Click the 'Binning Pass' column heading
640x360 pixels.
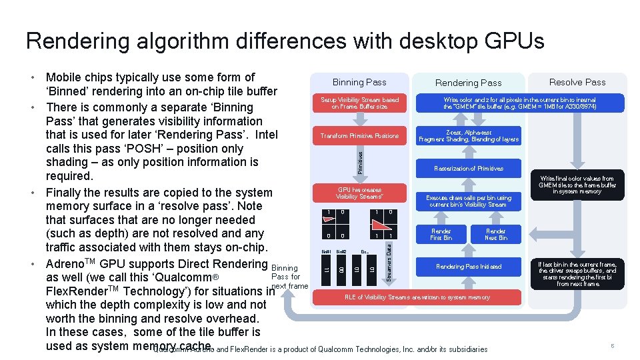[359, 82]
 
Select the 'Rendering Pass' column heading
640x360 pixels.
[468, 83]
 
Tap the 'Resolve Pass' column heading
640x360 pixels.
[577, 82]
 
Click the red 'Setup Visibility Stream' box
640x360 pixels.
[359, 103]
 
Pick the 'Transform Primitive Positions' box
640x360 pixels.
[359, 136]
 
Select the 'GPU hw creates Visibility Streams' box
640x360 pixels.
[359, 193]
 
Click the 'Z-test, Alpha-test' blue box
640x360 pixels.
[468, 136]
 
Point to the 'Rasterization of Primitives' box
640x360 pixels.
[468, 169]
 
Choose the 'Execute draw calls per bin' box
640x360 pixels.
[468, 201]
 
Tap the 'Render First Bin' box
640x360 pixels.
[441, 234]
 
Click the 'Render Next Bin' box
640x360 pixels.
[495, 234]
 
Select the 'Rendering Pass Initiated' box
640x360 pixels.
[468, 267]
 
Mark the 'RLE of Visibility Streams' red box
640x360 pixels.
[417, 297]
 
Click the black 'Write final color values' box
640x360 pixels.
[577, 185]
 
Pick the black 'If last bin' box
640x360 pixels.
[577, 274]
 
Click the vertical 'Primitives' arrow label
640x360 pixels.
[360, 162]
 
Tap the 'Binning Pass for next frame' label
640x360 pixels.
[288, 277]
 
